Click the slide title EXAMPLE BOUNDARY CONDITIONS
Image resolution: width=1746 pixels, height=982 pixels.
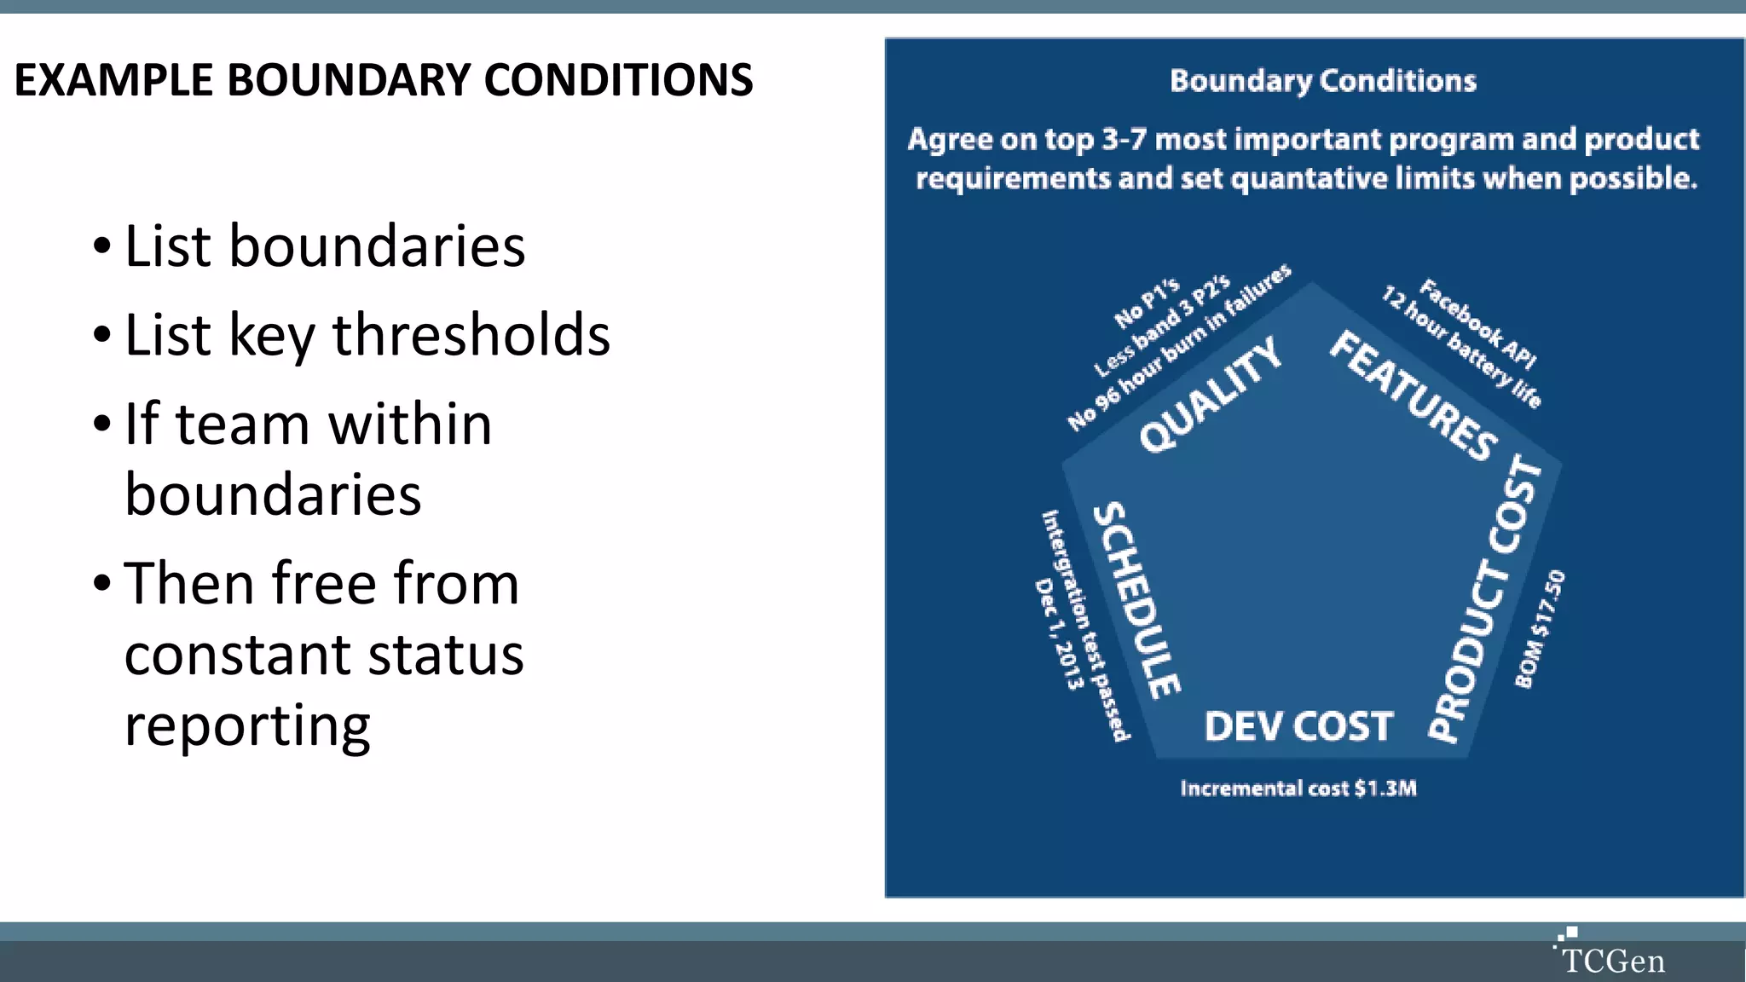click(x=384, y=80)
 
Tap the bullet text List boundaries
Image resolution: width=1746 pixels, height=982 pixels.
click(x=324, y=246)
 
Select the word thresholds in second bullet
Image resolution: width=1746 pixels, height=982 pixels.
click(x=471, y=334)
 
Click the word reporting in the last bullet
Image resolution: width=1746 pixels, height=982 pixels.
click(x=247, y=726)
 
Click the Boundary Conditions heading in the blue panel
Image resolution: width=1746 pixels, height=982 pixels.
click(x=1322, y=81)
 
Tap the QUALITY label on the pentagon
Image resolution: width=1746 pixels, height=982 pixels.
click(x=1211, y=394)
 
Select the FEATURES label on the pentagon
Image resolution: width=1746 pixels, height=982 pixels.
click(x=1414, y=396)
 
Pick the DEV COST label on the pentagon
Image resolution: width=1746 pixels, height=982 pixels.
click(x=1298, y=727)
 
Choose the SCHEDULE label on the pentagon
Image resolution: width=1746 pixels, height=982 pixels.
click(x=1137, y=599)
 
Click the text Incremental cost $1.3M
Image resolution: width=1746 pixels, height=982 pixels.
click(x=1298, y=788)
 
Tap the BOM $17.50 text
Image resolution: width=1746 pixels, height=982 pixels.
click(x=1540, y=628)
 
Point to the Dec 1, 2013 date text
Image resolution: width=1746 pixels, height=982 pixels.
click(x=1058, y=633)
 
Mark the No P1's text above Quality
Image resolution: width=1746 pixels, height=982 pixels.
click(x=1147, y=303)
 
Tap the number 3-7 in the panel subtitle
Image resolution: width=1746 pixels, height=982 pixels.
click(x=1124, y=139)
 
